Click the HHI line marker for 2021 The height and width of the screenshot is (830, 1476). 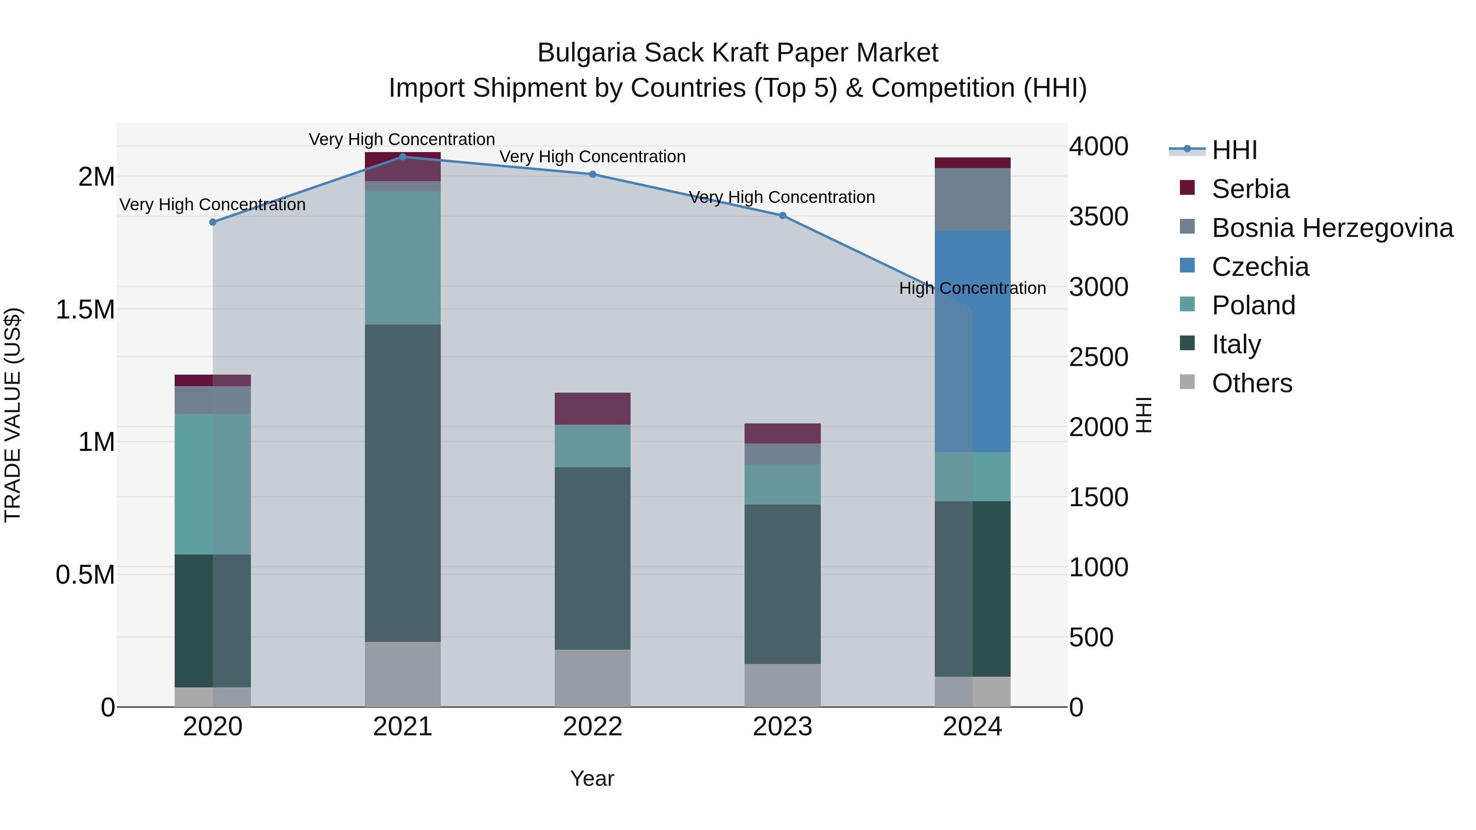(x=402, y=157)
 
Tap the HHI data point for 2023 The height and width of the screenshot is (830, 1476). (x=782, y=215)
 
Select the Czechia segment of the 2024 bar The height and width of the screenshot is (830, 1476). (x=973, y=341)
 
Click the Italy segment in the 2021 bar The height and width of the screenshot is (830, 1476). (x=402, y=483)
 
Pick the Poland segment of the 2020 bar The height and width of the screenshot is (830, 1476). (x=212, y=484)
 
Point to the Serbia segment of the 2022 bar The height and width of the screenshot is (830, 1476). (x=592, y=408)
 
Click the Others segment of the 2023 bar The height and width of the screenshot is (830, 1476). (x=782, y=685)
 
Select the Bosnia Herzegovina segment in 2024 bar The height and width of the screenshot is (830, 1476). (x=973, y=199)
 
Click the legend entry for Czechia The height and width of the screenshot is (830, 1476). (x=1260, y=267)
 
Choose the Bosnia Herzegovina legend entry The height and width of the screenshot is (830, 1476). (x=1332, y=228)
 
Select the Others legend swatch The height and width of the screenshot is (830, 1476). (x=1187, y=382)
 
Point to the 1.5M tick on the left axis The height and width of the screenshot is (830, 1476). (x=85, y=310)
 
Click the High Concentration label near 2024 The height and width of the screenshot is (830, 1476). (x=973, y=288)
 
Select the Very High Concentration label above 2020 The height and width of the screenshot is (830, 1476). (x=212, y=205)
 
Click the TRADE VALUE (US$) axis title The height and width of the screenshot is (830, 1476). (x=13, y=415)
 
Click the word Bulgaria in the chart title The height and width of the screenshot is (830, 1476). (x=587, y=53)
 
